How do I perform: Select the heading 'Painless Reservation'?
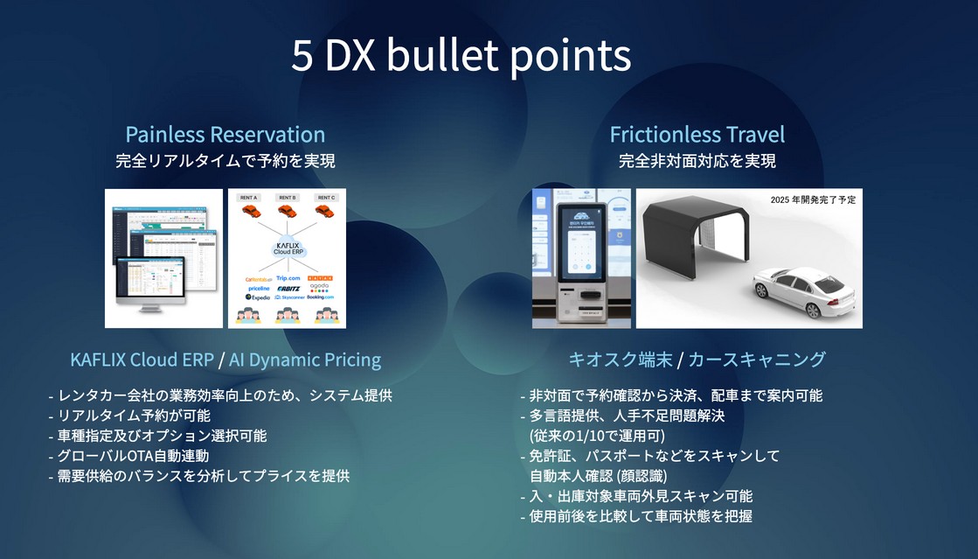coord(225,135)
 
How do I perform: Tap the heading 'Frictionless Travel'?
coord(697,135)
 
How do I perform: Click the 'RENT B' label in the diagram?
coord(287,198)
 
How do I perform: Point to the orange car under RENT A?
coord(248,211)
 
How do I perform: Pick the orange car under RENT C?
coord(326,211)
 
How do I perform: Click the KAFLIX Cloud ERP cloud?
coord(288,249)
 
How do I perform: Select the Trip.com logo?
coord(288,277)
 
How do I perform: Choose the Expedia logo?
coord(255,297)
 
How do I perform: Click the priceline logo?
coord(259,287)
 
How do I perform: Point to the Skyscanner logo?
coord(288,297)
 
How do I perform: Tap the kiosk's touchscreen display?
coord(579,250)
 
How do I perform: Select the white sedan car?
coord(802,293)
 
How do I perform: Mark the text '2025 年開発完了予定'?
coord(813,199)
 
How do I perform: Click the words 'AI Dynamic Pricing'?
coord(305,360)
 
